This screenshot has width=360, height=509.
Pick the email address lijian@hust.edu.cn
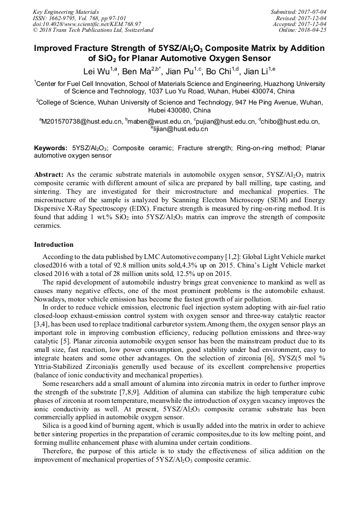[x=181, y=129]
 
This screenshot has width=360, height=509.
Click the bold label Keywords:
[x=50, y=148]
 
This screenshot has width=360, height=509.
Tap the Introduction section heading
[x=54, y=245]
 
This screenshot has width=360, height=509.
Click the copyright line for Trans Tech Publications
[x=93, y=30]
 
